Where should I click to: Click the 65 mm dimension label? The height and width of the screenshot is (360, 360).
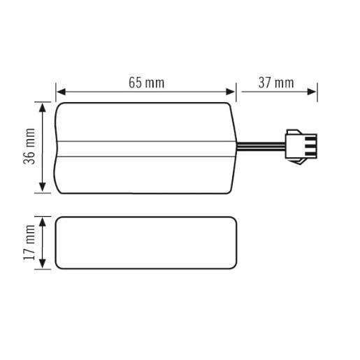(146, 83)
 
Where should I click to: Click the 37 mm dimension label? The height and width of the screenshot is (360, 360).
(276, 83)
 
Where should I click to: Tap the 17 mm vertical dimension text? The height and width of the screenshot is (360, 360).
(28, 242)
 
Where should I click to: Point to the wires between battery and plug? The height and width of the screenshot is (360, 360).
(260, 147)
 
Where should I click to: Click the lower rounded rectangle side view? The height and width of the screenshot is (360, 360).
(145, 242)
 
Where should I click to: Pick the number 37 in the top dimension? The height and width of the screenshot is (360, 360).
(266, 83)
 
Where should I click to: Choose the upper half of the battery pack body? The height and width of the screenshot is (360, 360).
(145, 123)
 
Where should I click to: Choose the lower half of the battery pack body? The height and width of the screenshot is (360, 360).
(145, 172)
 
